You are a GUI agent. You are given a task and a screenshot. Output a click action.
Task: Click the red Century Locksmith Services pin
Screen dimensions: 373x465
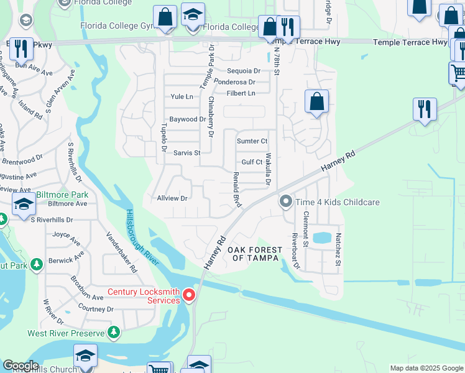(189, 295)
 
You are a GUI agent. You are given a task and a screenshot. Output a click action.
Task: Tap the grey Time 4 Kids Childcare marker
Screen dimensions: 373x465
(285, 201)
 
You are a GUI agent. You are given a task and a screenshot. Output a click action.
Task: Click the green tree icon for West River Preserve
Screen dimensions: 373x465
(113, 333)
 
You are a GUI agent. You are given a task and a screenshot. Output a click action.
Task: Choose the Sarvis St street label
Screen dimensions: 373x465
(186, 152)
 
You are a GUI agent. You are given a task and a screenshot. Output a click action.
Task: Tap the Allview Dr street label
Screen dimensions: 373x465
(172, 198)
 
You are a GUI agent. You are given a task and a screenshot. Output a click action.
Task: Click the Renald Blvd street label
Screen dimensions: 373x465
(237, 190)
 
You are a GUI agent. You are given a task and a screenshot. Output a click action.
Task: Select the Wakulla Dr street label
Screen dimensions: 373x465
(268, 169)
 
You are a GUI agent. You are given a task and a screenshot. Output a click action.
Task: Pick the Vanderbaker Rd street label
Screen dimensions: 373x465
(122, 253)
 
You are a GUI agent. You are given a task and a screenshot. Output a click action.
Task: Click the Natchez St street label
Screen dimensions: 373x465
(338, 250)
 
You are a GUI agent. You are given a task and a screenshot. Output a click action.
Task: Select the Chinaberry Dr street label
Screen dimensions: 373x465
(211, 116)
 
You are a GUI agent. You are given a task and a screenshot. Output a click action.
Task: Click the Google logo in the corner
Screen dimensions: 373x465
(21, 366)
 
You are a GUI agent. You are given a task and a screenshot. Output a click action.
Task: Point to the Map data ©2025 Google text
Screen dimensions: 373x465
(426, 368)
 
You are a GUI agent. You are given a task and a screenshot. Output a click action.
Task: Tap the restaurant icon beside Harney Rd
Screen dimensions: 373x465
(425, 109)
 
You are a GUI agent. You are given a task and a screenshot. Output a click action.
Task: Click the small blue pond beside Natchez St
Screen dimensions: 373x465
(322, 237)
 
